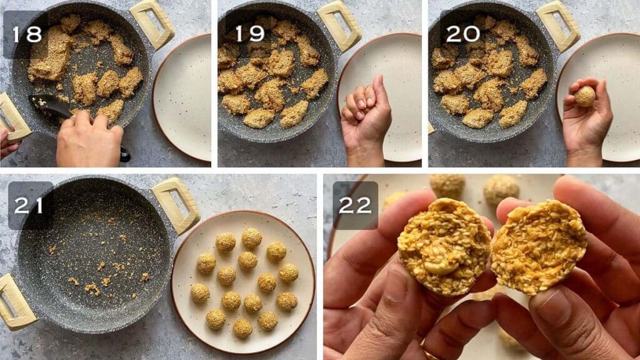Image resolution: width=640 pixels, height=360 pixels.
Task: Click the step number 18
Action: (27, 34)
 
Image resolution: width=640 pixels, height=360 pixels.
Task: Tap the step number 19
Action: (250, 34)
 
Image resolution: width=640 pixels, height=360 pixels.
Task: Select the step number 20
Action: (462, 34)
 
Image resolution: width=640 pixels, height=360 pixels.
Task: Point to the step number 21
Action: (29, 205)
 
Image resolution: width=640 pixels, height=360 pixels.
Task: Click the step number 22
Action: (355, 205)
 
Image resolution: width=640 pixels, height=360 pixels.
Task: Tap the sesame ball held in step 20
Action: (585, 96)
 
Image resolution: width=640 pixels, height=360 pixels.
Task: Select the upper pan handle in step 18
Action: (152, 24)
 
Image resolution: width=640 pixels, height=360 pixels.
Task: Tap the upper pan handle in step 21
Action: (176, 205)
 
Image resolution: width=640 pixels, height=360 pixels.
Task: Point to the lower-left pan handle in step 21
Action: (16, 301)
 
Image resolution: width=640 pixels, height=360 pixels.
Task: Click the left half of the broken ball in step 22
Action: (444, 246)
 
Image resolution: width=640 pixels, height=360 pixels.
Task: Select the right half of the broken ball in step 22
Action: (539, 246)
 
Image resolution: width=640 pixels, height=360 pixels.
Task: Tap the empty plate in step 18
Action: (182, 97)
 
